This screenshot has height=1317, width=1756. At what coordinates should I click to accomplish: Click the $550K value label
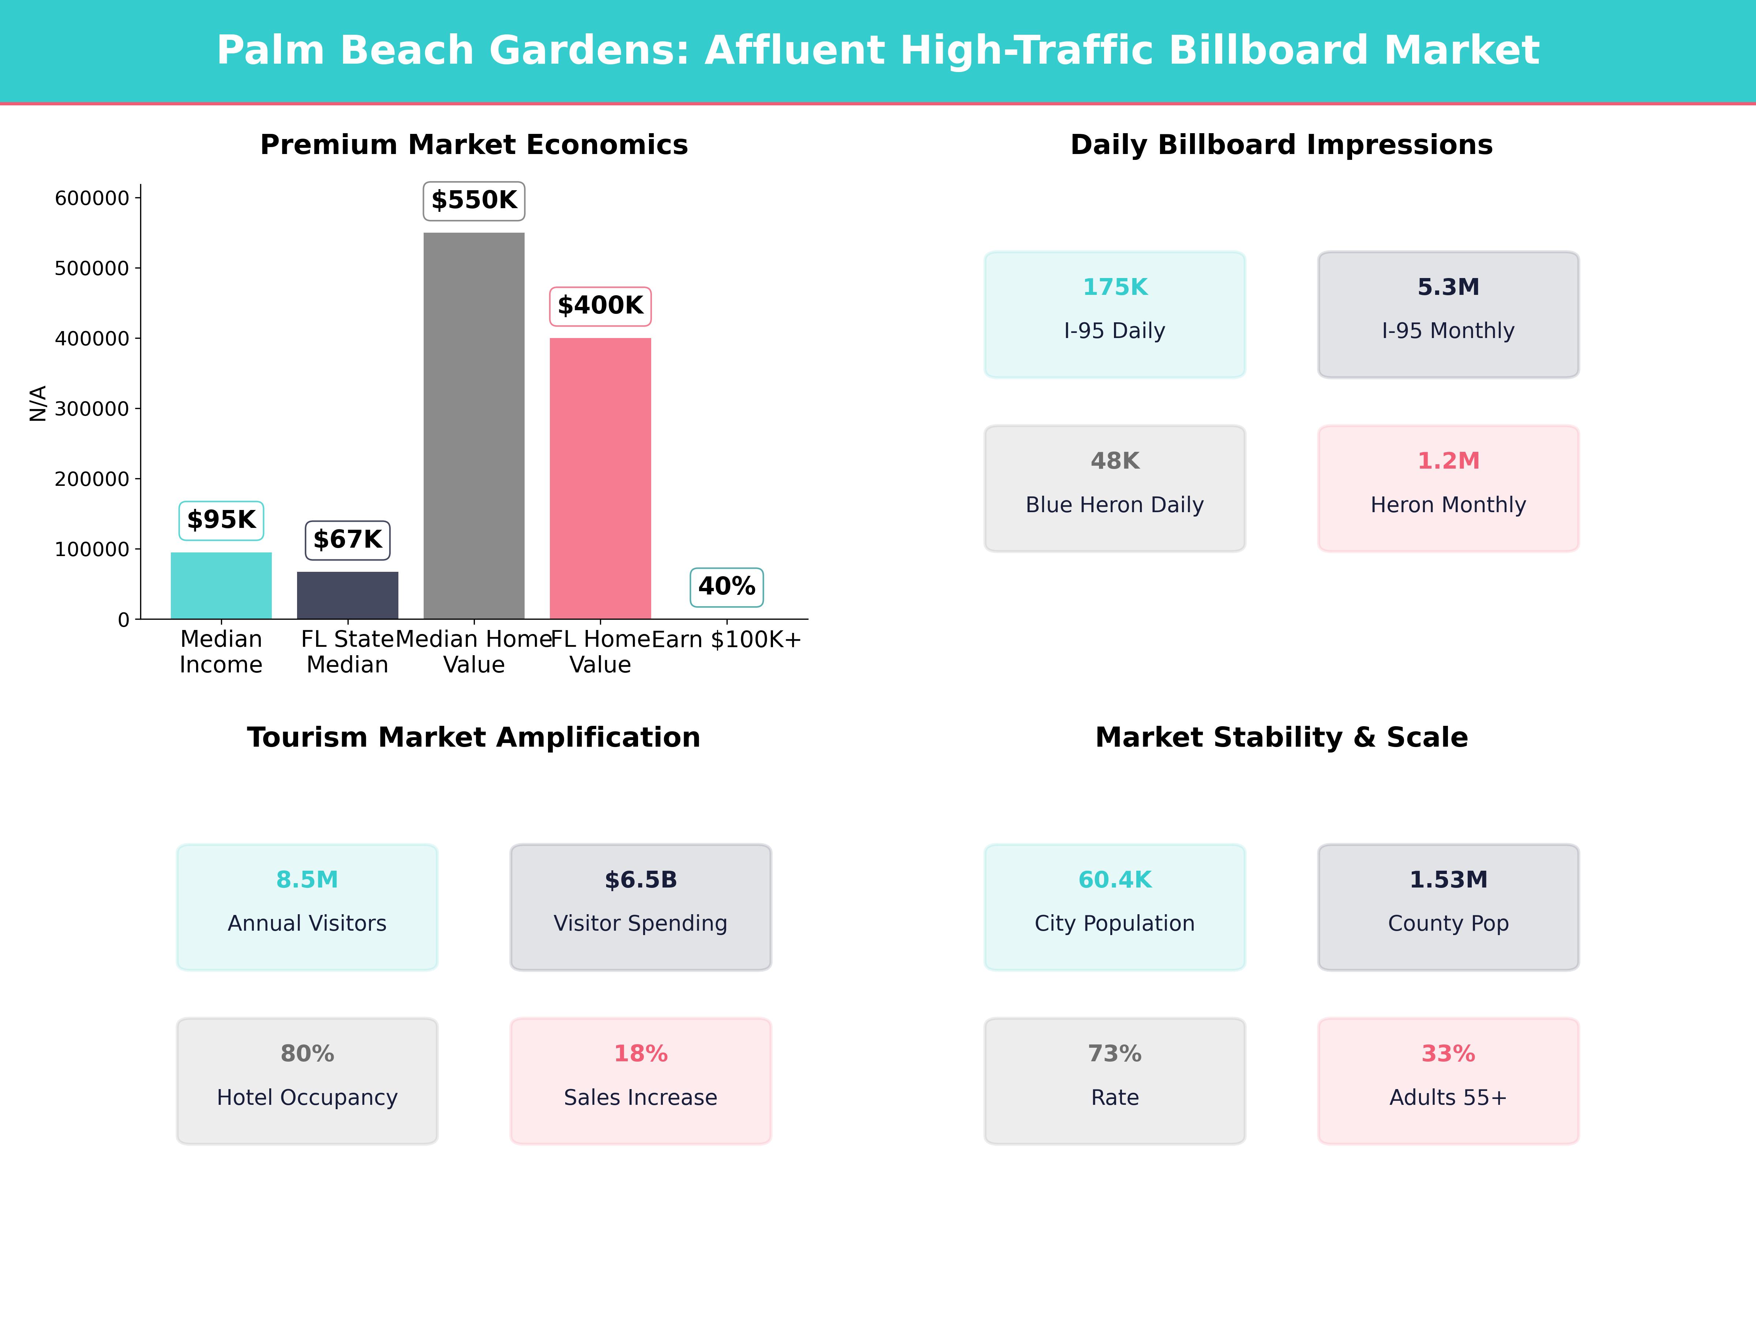point(474,200)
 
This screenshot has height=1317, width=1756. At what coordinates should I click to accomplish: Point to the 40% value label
point(727,587)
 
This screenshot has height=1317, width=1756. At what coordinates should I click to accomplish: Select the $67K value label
point(348,540)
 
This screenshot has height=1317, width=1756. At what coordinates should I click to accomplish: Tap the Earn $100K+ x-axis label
point(727,639)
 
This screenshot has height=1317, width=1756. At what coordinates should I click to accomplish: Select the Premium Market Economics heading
point(474,145)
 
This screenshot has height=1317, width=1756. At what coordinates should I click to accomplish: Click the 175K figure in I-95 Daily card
point(1115,288)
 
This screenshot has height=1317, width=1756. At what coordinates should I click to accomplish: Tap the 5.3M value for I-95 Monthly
point(1448,288)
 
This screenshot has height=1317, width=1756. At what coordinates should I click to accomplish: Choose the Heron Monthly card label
point(1448,505)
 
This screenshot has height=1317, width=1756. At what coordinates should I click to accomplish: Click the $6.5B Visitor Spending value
point(641,879)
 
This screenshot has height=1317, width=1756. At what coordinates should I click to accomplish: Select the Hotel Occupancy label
point(307,1097)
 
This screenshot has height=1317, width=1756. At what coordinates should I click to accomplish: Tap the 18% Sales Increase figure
point(641,1054)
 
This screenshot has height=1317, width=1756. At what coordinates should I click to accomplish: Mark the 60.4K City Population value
point(1115,879)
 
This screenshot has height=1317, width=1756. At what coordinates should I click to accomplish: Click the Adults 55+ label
point(1448,1097)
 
